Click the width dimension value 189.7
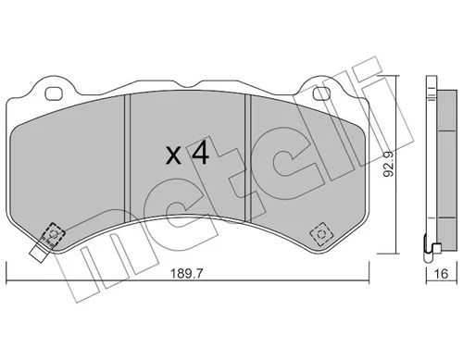pyautogui.click(x=187, y=273)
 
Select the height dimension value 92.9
pyautogui.click(x=389, y=164)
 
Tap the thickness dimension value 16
pyautogui.click(x=441, y=273)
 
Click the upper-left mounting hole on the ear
pyautogui.click(x=54, y=93)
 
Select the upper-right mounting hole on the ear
pyautogui.click(x=321, y=93)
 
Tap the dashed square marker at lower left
pyautogui.click(x=54, y=234)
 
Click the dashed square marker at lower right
pyautogui.click(x=321, y=234)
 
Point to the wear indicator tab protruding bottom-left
pyautogui.click(x=38, y=253)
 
